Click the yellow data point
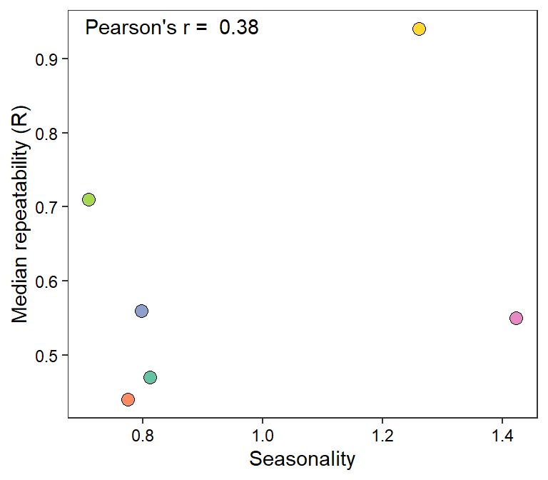point(419,29)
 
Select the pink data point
point(517,318)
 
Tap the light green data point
point(88,199)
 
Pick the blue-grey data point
point(141,311)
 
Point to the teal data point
point(150,377)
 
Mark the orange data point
point(128,399)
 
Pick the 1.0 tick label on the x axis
point(263,435)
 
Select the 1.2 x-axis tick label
point(383,435)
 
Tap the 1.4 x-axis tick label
point(502,435)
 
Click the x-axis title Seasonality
point(302,459)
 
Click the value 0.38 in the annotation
point(238,28)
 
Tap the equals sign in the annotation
point(202,29)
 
